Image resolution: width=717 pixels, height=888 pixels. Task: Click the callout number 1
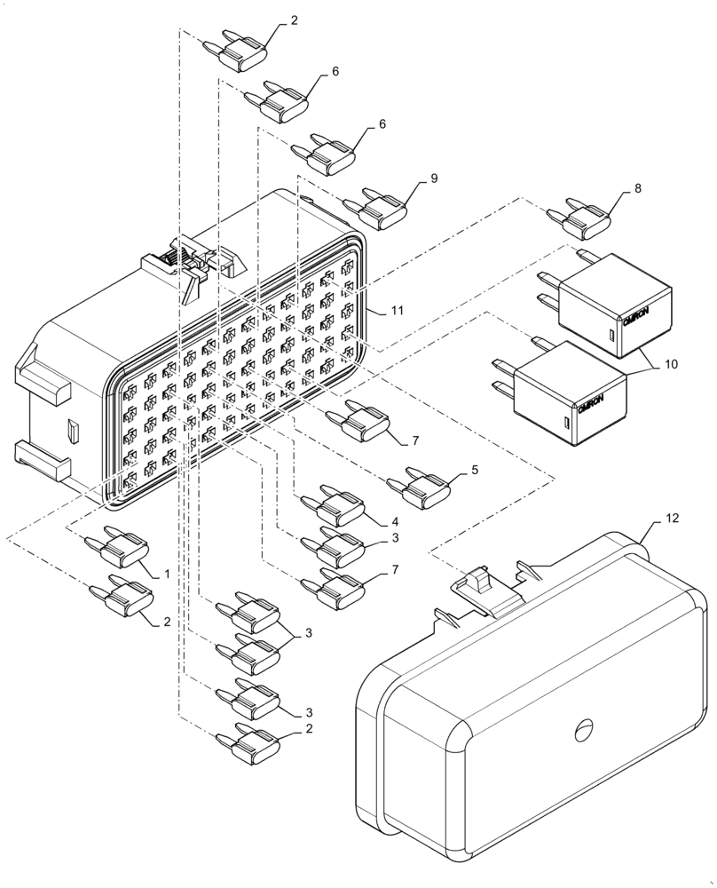165,575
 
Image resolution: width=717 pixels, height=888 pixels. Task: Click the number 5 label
475,469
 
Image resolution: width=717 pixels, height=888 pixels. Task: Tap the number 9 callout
434,178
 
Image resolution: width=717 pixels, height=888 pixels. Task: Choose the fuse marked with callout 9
381,210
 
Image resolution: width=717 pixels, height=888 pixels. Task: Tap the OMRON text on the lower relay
592,405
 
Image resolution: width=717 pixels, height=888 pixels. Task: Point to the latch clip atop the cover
484,591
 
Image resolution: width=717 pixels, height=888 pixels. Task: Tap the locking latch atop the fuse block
191,266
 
